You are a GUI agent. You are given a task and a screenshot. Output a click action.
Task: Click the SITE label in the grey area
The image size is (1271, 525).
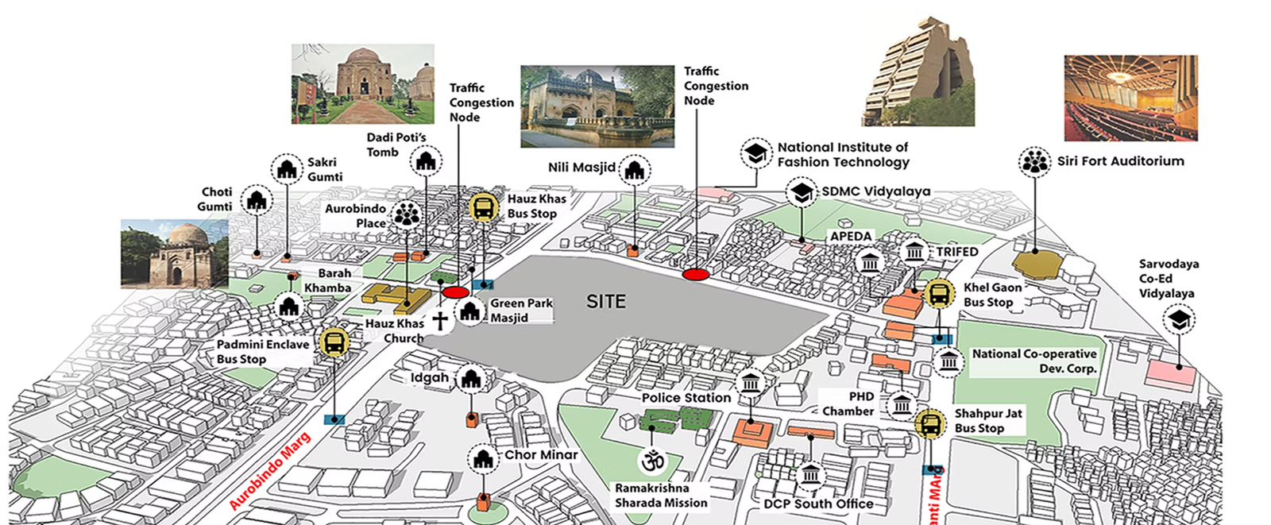click(606, 302)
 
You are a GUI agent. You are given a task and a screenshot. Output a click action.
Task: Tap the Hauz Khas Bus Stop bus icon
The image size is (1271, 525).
click(484, 207)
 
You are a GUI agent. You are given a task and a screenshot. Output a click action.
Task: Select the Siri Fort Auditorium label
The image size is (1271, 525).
click(1120, 161)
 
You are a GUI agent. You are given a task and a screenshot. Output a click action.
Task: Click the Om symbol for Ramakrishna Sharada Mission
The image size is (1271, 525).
click(652, 461)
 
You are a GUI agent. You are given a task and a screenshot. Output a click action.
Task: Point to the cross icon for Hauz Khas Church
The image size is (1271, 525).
click(439, 321)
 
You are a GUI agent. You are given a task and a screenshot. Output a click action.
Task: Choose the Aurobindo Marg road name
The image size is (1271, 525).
click(269, 471)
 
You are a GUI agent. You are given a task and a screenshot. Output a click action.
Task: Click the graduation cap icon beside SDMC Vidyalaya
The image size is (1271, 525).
click(802, 192)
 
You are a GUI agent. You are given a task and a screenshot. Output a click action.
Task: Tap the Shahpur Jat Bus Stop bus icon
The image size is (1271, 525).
click(929, 423)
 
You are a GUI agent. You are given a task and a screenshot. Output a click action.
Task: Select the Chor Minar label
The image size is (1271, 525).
click(541, 455)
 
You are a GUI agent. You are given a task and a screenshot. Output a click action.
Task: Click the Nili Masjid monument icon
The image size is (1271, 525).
click(634, 169)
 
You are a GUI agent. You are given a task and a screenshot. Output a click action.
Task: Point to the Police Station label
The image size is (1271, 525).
click(686, 398)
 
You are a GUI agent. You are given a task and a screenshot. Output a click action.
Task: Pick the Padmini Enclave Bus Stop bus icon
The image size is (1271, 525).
click(334, 342)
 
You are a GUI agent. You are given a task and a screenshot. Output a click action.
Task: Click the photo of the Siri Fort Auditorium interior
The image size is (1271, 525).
click(1130, 98)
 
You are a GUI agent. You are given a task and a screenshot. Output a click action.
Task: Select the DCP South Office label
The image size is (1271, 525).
click(818, 504)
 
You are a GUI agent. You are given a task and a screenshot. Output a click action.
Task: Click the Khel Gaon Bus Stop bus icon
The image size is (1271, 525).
click(939, 294)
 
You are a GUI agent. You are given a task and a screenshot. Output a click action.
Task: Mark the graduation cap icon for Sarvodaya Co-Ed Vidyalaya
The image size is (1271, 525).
click(1179, 320)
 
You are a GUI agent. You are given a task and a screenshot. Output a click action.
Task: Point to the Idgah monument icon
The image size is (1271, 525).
click(472, 379)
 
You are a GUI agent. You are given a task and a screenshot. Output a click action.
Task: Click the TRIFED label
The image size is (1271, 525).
click(956, 252)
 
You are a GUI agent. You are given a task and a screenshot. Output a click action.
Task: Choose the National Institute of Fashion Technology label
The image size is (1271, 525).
click(843, 155)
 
